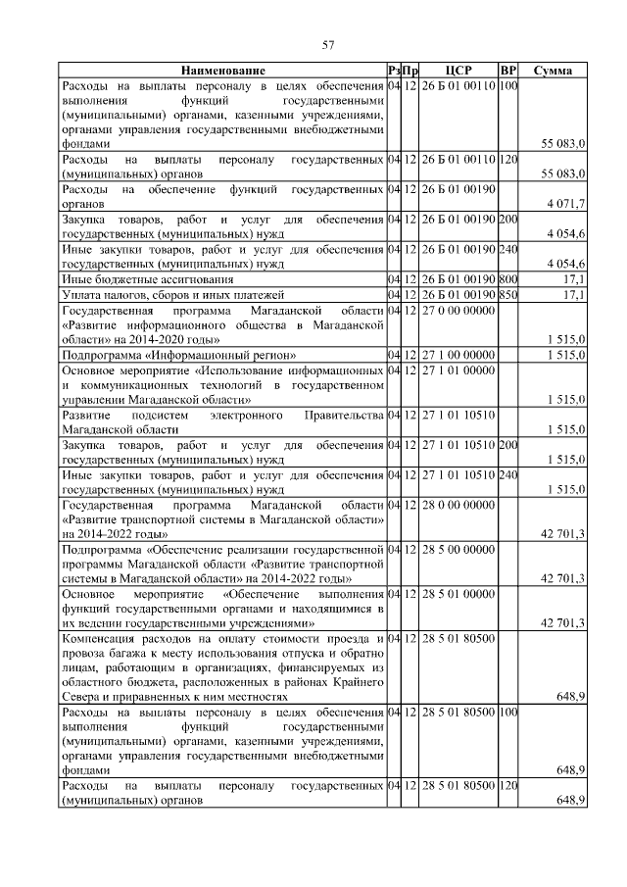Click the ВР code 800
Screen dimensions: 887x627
click(x=507, y=279)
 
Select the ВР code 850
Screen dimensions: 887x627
click(x=507, y=294)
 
